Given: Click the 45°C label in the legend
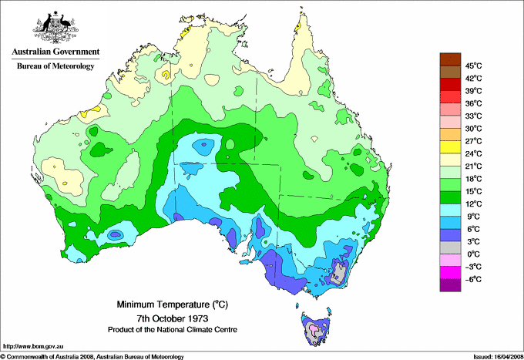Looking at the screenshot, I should point(472,66).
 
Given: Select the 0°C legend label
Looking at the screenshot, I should point(472,254).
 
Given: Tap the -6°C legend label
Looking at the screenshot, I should point(472,279).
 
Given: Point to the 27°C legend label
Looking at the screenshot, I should point(472,141).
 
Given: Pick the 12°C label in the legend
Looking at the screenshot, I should point(472,204).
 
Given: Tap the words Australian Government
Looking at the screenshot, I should point(55,52).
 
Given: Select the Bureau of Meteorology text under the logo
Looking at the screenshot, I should point(55,66).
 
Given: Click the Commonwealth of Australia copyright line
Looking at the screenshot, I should point(92,356).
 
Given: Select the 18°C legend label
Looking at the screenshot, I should point(472,179).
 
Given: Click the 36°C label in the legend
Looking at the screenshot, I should point(472,103).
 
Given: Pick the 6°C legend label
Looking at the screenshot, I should point(472,229).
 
